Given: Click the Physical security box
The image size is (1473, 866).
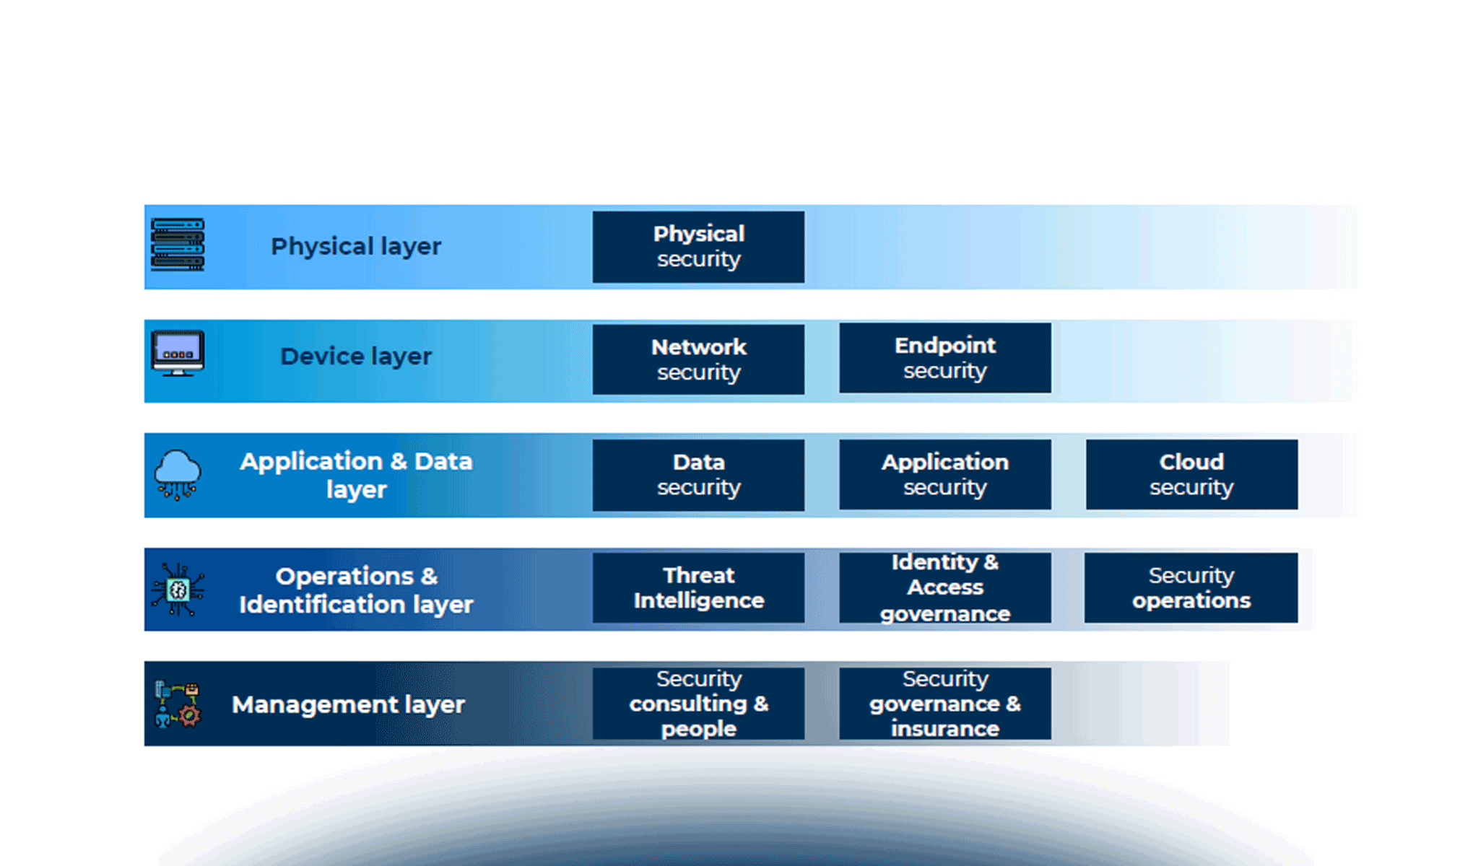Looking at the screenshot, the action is click(698, 247).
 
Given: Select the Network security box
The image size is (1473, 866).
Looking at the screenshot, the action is click(698, 359).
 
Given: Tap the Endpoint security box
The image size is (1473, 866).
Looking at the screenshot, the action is click(945, 358).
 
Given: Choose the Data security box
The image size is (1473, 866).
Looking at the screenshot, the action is click(698, 475).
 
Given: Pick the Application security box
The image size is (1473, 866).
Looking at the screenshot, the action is click(945, 475).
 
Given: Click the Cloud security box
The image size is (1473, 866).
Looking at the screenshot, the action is click(1191, 475).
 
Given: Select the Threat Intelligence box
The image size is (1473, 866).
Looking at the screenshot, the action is click(698, 588).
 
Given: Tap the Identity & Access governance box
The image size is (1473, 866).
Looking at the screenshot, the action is click(945, 588).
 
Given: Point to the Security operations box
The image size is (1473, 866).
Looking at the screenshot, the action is click(1191, 588).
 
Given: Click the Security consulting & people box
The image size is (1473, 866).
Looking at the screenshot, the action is click(698, 704).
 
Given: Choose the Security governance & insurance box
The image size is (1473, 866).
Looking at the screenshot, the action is click(945, 704).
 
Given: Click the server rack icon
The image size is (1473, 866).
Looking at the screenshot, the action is click(178, 245).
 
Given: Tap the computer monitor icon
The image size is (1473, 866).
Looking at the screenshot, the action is click(178, 354).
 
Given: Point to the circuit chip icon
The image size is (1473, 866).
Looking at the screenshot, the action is click(178, 590).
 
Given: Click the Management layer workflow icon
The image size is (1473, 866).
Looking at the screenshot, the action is click(178, 704).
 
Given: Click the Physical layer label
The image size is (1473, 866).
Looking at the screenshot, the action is click(356, 247).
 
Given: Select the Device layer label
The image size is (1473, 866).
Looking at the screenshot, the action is click(356, 357).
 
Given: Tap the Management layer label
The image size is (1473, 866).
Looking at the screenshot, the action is click(348, 704).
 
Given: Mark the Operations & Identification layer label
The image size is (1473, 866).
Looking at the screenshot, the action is click(356, 590).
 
